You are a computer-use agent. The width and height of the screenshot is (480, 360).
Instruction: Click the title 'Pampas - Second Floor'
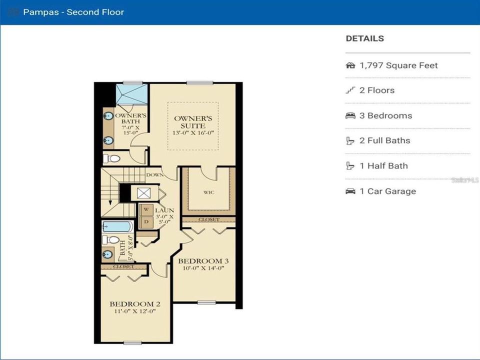(x=73, y=12)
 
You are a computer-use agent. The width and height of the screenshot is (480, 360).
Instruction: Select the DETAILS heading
(x=364, y=38)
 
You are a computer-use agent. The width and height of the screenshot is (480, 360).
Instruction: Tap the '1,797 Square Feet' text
(x=398, y=65)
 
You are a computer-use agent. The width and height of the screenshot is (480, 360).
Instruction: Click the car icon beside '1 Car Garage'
(x=350, y=191)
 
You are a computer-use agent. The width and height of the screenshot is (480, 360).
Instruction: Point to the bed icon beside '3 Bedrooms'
(x=350, y=115)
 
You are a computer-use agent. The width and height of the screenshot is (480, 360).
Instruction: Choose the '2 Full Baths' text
(x=385, y=141)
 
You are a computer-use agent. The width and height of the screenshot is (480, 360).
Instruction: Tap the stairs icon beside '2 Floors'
(x=350, y=90)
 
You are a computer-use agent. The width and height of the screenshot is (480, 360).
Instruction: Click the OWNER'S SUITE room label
(x=193, y=122)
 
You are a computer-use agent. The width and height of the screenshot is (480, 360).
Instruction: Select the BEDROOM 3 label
(x=203, y=261)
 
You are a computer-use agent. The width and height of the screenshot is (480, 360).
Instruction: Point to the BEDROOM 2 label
(x=135, y=304)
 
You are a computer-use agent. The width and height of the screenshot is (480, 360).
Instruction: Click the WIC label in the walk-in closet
(x=209, y=192)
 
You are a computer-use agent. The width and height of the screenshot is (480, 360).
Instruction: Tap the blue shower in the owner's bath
(x=131, y=94)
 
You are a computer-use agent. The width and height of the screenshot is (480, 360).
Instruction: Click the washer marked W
(x=146, y=210)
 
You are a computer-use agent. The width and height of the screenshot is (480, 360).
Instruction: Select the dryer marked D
(x=146, y=222)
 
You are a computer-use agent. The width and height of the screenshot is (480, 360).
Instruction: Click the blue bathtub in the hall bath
(x=117, y=227)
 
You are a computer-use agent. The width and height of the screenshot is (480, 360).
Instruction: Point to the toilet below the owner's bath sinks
(x=111, y=158)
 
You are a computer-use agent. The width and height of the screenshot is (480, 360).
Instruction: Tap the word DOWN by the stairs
(x=155, y=175)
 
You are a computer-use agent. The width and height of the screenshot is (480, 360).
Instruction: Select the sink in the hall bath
(x=107, y=254)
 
